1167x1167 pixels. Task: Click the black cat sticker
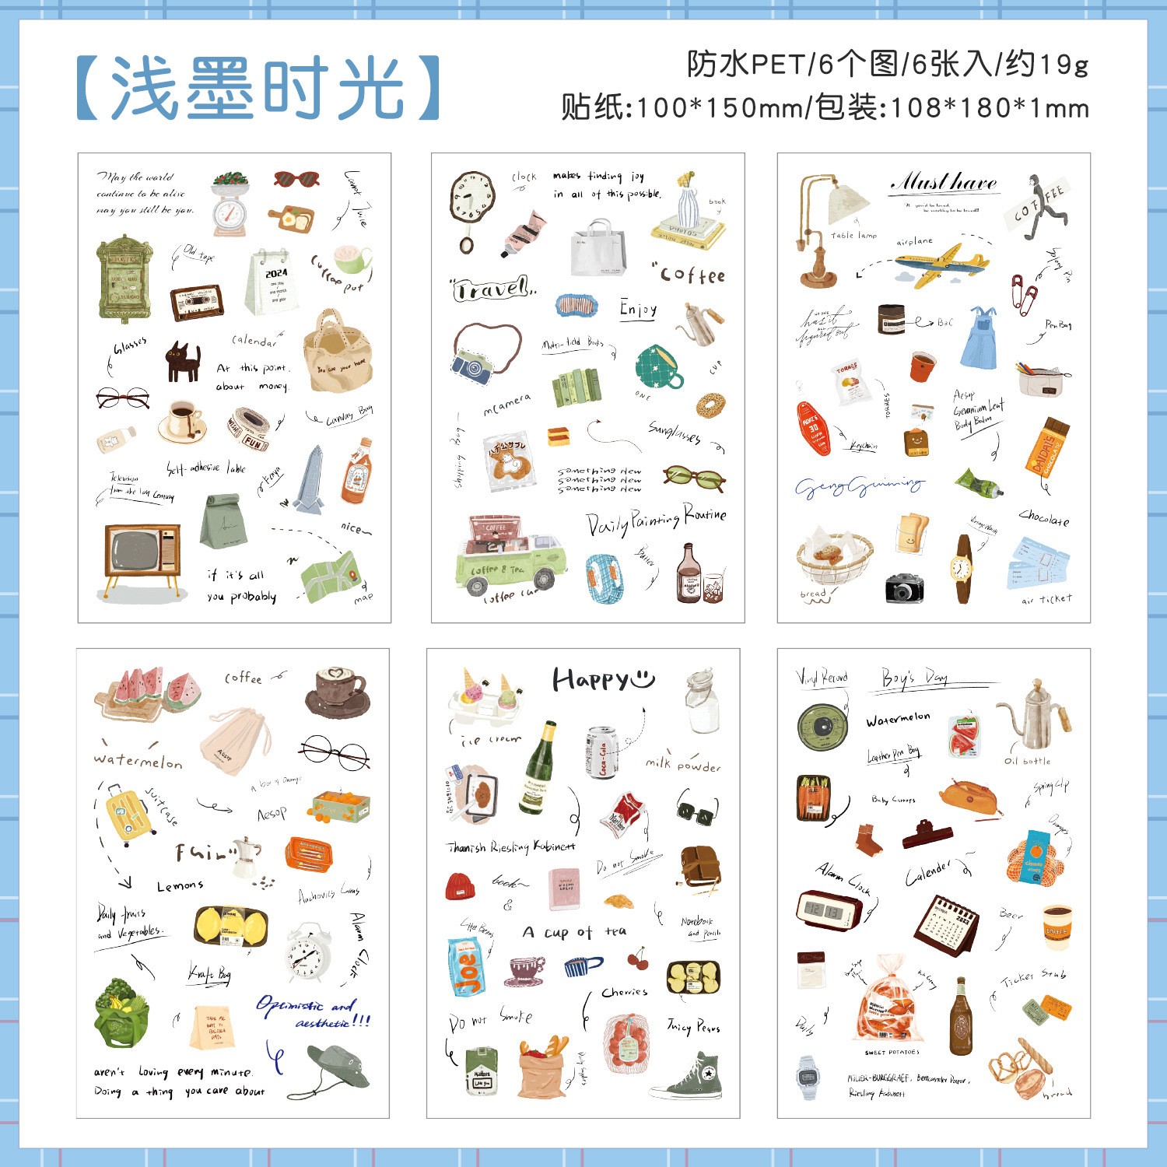pos(183,362)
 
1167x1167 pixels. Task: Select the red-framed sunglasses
pos(296,180)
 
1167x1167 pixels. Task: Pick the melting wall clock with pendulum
pos(471,205)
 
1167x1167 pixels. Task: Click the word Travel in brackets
pos(493,289)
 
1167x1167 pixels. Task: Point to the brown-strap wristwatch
pos(963,569)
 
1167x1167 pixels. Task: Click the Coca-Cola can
pos(601,752)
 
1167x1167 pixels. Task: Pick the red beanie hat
pos(461,886)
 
